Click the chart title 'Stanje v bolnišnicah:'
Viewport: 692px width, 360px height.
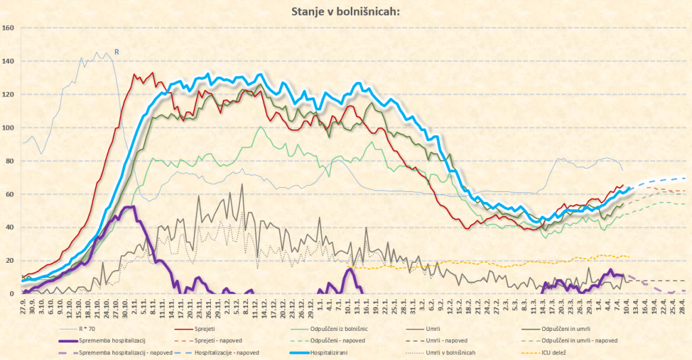pos(345,11)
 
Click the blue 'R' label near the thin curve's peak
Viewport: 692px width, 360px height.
pos(116,52)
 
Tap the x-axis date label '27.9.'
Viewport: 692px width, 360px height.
pos(23,307)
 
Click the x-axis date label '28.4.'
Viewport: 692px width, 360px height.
pos(683,307)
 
